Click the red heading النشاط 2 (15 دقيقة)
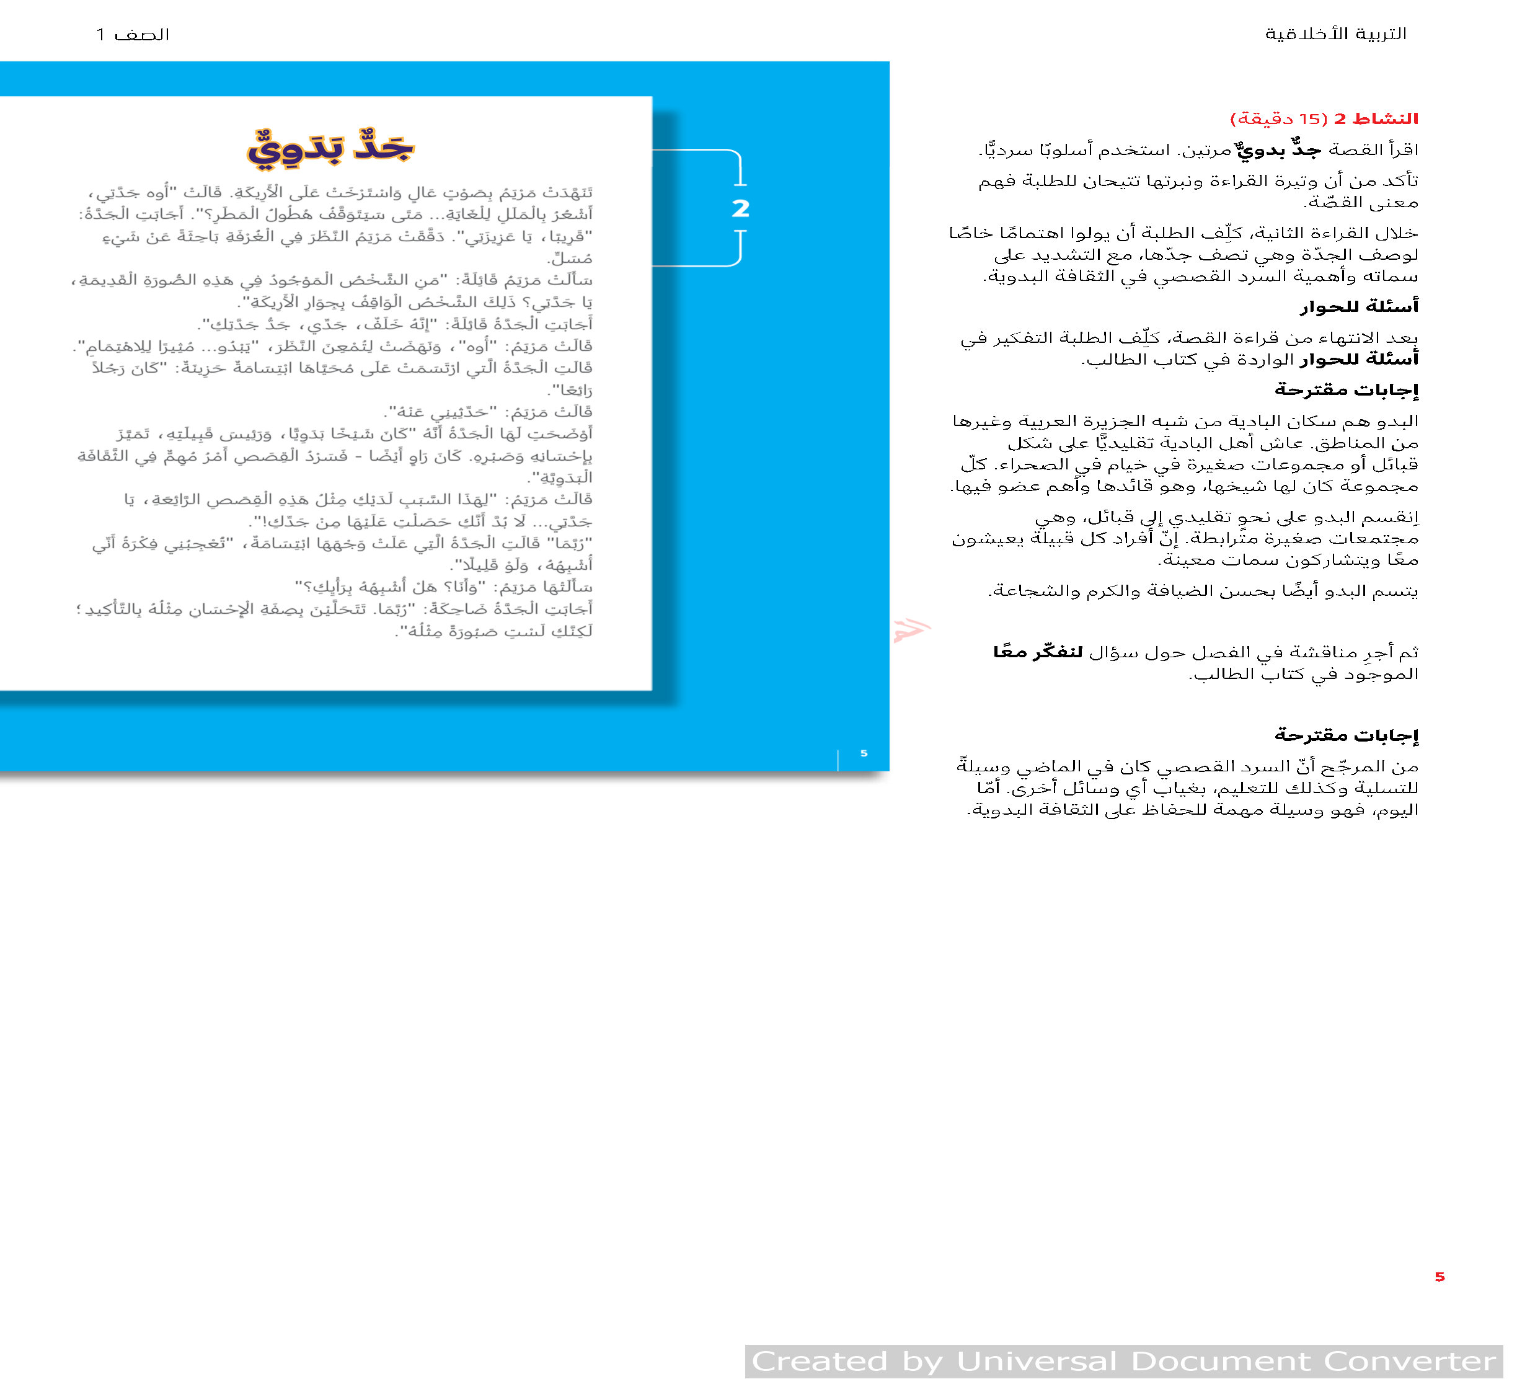pyautogui.click(x=1324, y=119)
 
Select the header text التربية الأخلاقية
pyautogui.click(x=1335, y=34)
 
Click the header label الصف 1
pyautogui.click(x=133, y=35)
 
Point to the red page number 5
pyautogui.click(x=1440, y=1277)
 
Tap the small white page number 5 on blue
pyautogui.click(x=864, y=753)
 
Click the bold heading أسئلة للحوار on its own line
pyautogui.click(x=1359, y=306)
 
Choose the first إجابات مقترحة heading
pyautogui.click(x=1346, y=390)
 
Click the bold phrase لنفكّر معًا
pyautogui.click(x=1038, y=652)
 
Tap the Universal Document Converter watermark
pyautogui.click(x=1124, y=1361)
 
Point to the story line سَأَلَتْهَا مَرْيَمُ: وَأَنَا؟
pyautogui.click(x=444, y=586)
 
